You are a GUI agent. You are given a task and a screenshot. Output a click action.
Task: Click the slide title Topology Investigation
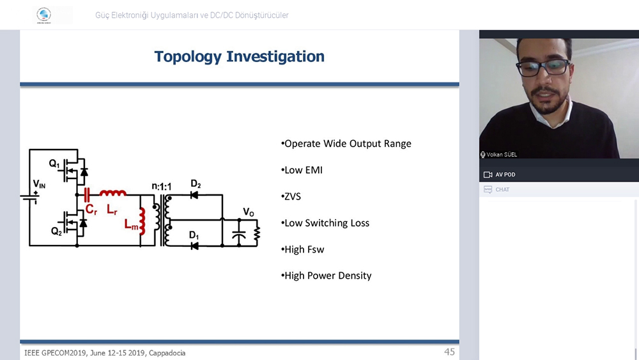click(239, 57)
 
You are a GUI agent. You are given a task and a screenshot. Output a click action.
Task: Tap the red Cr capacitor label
click(91, 210)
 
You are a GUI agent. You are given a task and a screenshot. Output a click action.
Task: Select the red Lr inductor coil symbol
click(113, 193)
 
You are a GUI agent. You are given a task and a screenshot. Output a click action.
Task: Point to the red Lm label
click(131, 224)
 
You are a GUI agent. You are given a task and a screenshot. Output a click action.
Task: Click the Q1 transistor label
click(54, 164)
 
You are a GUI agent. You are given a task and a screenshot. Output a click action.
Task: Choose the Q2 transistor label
click(56, 231)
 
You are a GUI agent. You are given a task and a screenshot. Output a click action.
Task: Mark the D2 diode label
click(196, 184)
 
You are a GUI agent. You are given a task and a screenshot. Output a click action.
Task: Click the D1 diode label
click(194, 235)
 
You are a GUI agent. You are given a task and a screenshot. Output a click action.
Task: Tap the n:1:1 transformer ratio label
click(162, 186)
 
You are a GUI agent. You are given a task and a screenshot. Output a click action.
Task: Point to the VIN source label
click(39, 184)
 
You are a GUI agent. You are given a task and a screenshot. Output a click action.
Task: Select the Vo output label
click(249, 212)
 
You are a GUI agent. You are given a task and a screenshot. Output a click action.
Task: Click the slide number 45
click(449, 352)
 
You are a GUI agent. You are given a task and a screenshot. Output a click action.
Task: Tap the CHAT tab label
click(502, 189)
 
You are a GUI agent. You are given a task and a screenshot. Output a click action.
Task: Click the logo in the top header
click(43, 15)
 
